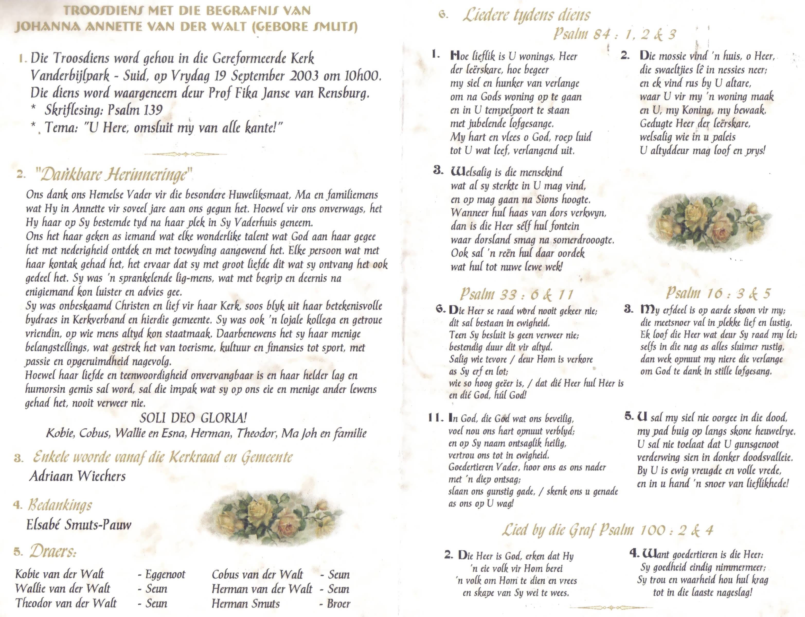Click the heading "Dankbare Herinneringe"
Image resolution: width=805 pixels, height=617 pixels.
click(113, 175)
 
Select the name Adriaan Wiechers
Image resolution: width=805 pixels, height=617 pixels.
click(77, 476)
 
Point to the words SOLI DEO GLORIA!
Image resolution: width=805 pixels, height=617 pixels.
click(193, 418)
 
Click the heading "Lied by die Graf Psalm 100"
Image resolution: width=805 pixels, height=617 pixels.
click(607, 530)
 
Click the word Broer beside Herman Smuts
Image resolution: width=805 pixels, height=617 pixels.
click(338, 603)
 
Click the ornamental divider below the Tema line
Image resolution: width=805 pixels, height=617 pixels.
click(186, 154)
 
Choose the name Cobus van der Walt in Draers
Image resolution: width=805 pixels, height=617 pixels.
click(257, 574)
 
